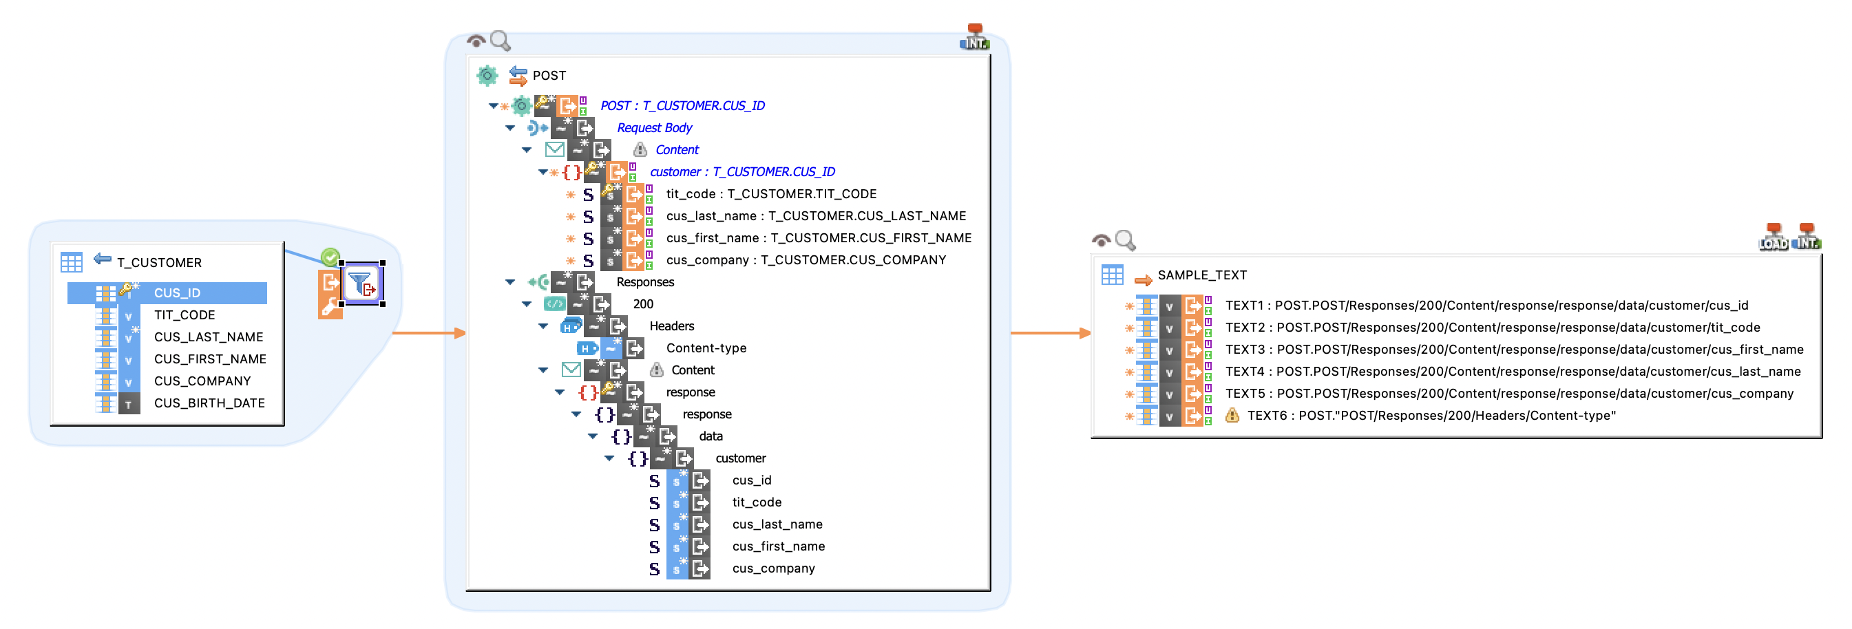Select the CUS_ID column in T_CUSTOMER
pyautogui.click(x=177, y=292)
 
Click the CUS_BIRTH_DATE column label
pyautogui.click(x=209, y=403)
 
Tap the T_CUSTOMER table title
pyautogui.click(x=159, y=262)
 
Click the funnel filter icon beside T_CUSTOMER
pyautogui.click(x=361, y=284)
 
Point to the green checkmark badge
pyautogui.click(x=330, y=257)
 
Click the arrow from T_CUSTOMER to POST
pyautogui.click(x=428, y=333)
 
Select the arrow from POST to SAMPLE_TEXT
pyautogui.click(x=1050, y=333)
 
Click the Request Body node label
pyautogui.click(x=654, y=128)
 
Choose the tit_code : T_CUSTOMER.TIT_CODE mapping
pyautogui.click(x=770, y=194)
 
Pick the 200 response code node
pyautogui.click(x=643, y=304)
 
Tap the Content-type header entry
pyautogui.click(x=706, y=349)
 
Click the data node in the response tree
pyautogui.click(x=711, y=436)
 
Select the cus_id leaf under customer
pyautogui.click(x=751, y=480)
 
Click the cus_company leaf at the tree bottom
pyautogui.click(x=773, y=568)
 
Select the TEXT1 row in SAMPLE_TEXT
pyautogui.click(x=1486, y=306)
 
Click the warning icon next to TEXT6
pyautogui.click(x=1232, y=416)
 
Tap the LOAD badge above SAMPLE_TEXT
pyautogui.click(x=1773, y=238)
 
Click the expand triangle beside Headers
pyautogui.click(x=543, y=326)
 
